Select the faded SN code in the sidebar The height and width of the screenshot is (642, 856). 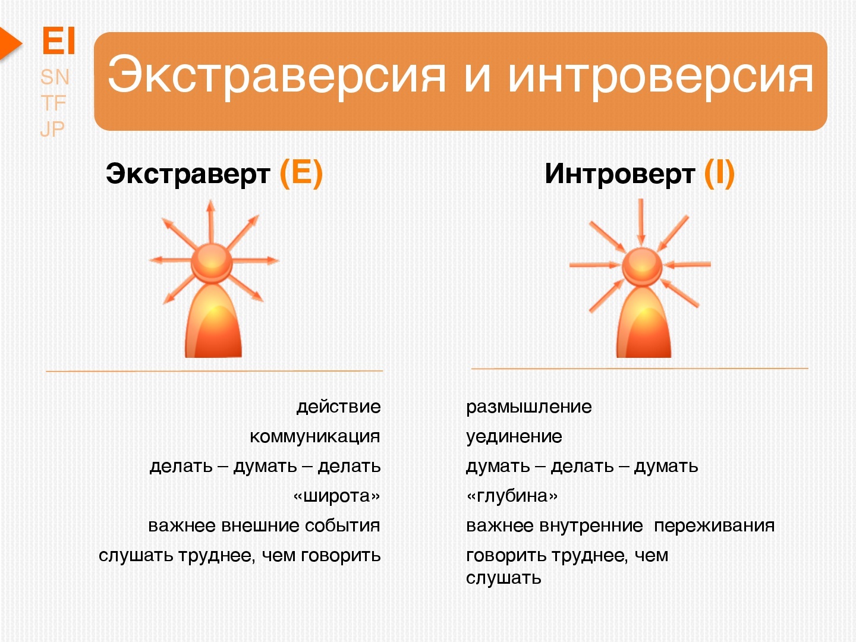point(55,77)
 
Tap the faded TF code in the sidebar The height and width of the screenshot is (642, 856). point(53,103)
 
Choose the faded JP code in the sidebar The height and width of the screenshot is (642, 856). point(52,129)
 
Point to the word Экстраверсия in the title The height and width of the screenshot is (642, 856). point(276,76)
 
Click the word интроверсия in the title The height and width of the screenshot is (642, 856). point(660,77)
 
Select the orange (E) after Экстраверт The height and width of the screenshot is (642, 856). point(301,174)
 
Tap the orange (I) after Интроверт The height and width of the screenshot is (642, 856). point(719,174)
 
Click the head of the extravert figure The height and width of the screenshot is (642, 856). point(212,263)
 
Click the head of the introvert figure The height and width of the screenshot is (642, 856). point(642,267)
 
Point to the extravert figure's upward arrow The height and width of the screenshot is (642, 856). point(211,221)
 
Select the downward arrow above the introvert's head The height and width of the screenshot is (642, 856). point(641,222)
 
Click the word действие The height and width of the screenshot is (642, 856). point(338,407)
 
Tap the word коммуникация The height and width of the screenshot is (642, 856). point(314,436)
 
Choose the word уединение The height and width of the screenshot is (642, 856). point(514,437)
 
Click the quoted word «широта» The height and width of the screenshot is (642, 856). point(336,496)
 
